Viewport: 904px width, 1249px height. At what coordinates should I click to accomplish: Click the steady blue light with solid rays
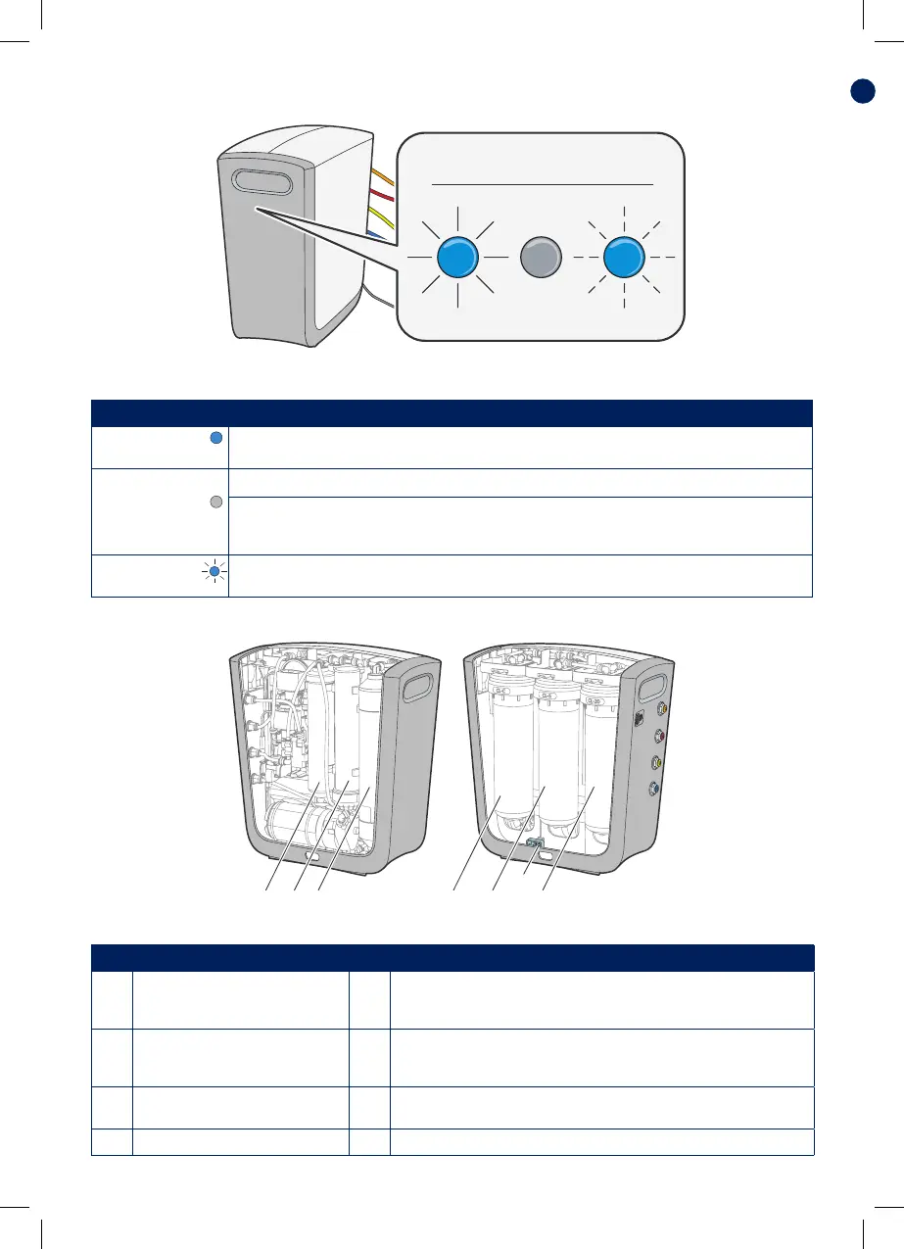click(456, 259)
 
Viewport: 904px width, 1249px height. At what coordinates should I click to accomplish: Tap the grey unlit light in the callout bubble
click(542, 259)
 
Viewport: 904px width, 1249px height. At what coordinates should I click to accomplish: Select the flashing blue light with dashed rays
click(625, 260)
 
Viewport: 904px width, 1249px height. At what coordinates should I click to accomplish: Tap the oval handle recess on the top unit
click(263, 183)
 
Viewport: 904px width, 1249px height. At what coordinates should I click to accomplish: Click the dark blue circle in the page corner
click(862, 91)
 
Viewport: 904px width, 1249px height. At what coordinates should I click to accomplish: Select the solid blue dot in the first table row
click(217, 440)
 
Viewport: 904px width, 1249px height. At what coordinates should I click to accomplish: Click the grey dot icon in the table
click(217, 503)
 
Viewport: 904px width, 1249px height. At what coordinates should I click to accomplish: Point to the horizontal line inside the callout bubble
click(543, 183)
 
